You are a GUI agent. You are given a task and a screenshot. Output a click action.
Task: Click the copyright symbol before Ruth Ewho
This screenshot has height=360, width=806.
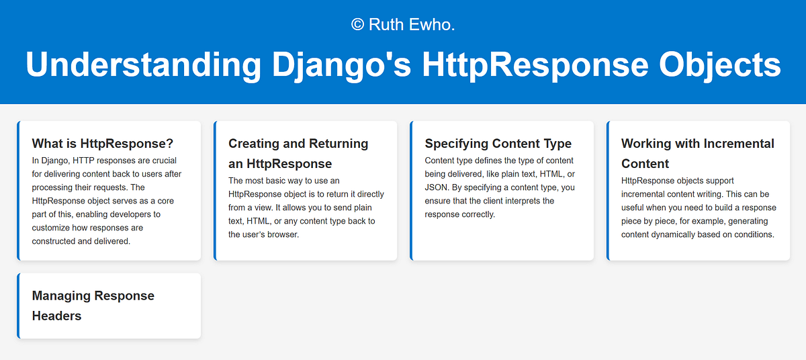(357, 25)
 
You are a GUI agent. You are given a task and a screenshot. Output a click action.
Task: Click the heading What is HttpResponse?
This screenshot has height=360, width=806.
(103, 143)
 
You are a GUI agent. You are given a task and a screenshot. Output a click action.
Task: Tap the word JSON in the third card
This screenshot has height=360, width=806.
(438, 187)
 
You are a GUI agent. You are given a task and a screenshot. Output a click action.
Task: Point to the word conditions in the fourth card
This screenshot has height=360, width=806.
(752, 234)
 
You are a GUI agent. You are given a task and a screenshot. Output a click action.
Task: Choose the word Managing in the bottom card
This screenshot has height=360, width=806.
(62, 296)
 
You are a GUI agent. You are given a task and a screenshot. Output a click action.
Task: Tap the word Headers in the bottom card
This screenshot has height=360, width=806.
(56, 316)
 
